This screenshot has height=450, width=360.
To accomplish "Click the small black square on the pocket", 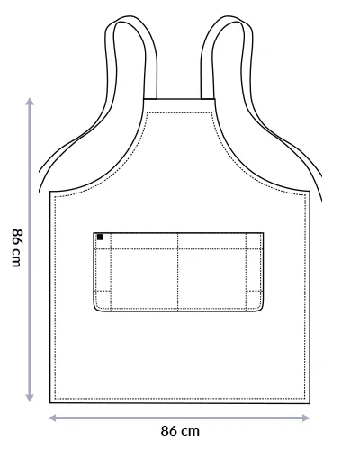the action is point(100,237).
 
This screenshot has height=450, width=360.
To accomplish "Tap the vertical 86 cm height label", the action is point(17,247).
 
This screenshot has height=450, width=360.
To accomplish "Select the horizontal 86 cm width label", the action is point(180,431).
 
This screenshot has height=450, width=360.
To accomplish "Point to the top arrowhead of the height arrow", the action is point(30,101).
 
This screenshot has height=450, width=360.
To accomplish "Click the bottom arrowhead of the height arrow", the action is point(30,398).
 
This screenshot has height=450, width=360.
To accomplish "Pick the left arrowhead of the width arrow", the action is point(52,418).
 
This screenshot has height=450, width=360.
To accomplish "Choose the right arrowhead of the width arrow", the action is point(305,418).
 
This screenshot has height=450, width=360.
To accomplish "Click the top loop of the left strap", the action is point(128,17).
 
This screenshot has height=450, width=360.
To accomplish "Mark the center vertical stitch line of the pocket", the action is point(178,271).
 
